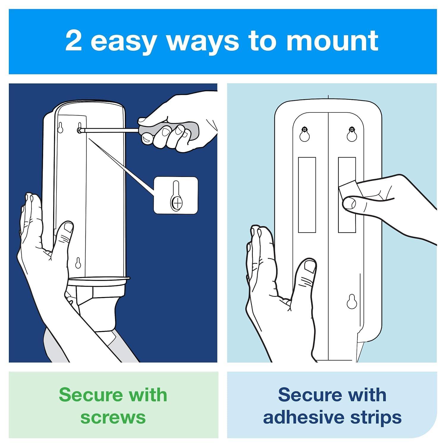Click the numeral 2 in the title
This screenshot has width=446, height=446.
coord(73,41)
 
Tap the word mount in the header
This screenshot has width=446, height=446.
coord(332,41)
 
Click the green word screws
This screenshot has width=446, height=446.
coord(113,417)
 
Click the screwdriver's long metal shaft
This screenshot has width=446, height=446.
coord(110,130)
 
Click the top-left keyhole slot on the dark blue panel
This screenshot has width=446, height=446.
coord(60,127)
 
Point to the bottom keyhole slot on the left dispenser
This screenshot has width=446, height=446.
coord(78,263)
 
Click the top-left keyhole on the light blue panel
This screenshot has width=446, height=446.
coord(304,135)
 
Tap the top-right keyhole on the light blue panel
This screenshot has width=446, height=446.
coord(352,135)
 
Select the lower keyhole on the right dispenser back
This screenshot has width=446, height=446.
coord(351,301)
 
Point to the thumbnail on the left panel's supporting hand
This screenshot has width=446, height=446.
coord(69,228)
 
